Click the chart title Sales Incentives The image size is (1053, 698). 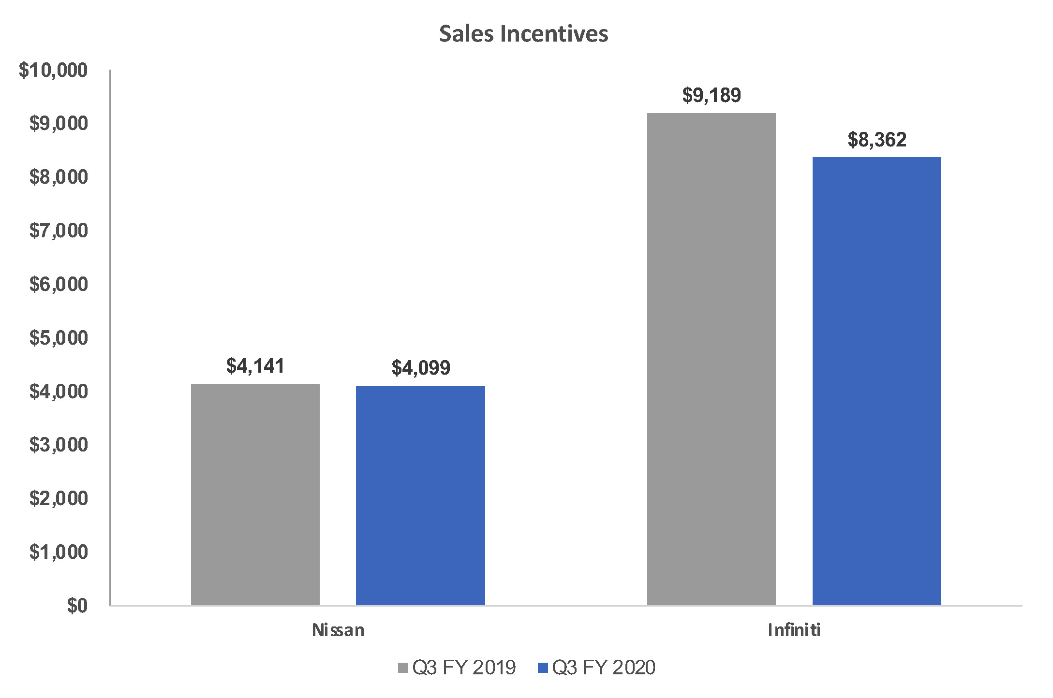tap(523, 34)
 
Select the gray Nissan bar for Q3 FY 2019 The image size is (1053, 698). tap(255, 494)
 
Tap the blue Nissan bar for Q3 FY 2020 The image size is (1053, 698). tap(420, 495)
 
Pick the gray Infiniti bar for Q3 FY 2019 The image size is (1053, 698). tap(711, 359)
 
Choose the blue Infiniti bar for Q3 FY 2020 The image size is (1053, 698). tap(876, 381)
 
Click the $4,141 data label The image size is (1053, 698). tap(255, 366)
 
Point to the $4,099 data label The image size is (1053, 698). tap(420, 368)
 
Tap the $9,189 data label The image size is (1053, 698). tap(711, 95)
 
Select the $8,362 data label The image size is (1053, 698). tap(876, 140)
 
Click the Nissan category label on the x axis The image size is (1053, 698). tap(338, 630)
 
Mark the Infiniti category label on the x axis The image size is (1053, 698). tap(794, 630)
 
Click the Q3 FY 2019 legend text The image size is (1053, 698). tap(464, 668)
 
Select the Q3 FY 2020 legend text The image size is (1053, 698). tap(603, 668)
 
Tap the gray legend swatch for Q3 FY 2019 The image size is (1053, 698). tap(403, 668)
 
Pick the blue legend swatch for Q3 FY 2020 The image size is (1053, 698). tap(543, 668)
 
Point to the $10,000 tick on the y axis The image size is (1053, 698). tap(53, 71)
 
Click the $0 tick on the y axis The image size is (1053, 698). tap(77, 605)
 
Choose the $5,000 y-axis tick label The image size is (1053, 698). tap(59, 338)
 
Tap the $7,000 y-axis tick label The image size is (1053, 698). tap(59, 231)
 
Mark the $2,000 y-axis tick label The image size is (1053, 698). tap(59, 498)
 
